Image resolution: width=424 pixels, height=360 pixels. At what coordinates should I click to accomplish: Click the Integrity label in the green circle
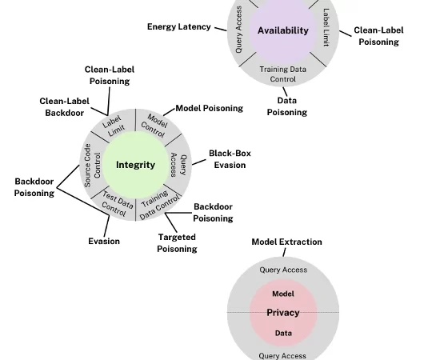pos(135,165)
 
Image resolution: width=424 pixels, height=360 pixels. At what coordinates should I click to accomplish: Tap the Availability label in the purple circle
pos(282,30)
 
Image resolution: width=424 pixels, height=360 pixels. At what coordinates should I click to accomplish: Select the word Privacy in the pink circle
pos(282,312)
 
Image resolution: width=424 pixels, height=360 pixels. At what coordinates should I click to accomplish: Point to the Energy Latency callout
pos(178,27)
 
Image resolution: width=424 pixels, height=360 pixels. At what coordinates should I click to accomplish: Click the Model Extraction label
pos(286,242)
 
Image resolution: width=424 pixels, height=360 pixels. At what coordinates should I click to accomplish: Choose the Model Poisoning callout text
pos(209,108)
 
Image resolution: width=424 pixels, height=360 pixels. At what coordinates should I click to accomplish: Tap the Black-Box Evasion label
pos(230,158)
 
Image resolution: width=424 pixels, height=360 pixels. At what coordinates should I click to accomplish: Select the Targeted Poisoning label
pos(177,242)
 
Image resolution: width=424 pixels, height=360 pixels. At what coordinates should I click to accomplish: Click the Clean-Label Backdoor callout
pos(64,107)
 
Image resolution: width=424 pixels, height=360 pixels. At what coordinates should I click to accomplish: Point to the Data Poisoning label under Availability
pos(286,106)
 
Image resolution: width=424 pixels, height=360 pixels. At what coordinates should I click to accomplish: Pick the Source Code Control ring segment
pos(93,166)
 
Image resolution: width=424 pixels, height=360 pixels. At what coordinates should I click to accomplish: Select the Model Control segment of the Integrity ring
pos(154,124)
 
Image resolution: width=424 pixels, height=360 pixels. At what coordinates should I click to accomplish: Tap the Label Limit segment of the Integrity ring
pos(114,126)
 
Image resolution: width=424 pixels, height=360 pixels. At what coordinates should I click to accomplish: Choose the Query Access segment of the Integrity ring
pos(178,166)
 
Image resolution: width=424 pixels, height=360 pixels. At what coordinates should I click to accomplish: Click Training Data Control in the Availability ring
pos(282,74)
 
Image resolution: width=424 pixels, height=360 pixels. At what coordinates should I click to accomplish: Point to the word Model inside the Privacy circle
pos(282,294)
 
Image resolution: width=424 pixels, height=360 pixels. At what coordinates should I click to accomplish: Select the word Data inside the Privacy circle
pos(282,333)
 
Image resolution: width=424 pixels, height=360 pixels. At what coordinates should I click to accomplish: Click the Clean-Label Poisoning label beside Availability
pos(378,36)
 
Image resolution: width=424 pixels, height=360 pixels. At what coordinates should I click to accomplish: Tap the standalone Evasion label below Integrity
pos(104,241)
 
